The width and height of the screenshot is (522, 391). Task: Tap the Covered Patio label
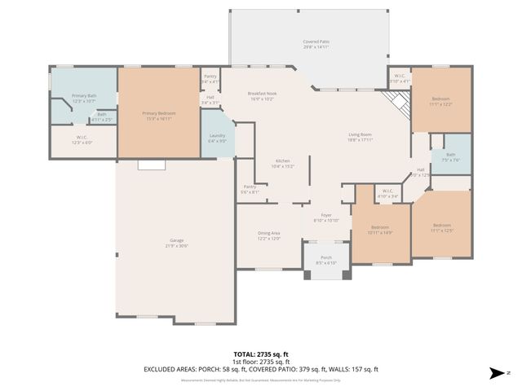click(316, 44)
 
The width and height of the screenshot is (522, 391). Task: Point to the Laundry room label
click(217, 138)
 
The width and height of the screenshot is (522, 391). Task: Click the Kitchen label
click(283, 163)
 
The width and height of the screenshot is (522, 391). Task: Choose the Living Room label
click(360, 137)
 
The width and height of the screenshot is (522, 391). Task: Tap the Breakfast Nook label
click(264, 96)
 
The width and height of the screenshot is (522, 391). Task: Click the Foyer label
click(325, 217)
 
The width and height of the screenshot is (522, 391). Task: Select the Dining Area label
click(269, 235)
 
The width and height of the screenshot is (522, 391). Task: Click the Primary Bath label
click(84, 99)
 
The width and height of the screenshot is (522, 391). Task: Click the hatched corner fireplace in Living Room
click(397, 103)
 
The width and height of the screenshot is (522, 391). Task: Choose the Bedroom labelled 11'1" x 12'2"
click(440, 101)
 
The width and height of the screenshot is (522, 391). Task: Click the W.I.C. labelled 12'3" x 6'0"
click(82, 139)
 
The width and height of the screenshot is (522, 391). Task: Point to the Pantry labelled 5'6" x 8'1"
click(250, 189)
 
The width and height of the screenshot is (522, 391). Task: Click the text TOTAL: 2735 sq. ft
click(261, 354)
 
